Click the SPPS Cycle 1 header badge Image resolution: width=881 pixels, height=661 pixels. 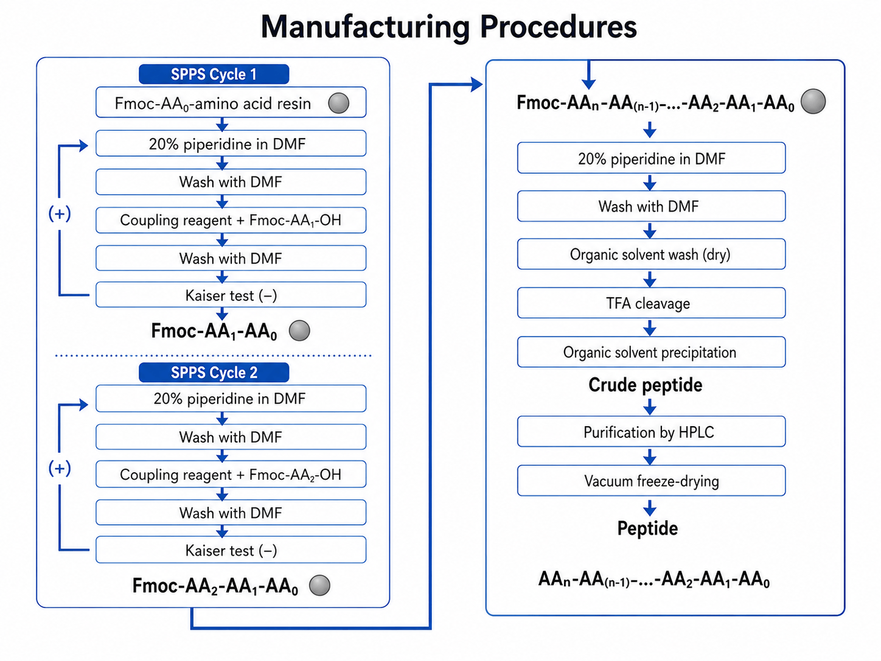pos(214,74)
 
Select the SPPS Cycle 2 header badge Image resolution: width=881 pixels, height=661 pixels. pos(214,372)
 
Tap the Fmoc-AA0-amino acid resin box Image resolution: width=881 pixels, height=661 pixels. pos(231,102)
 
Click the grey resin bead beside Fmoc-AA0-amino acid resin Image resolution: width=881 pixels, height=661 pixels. pos(338,103)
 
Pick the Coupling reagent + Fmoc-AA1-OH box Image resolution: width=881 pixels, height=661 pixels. pos(231,220)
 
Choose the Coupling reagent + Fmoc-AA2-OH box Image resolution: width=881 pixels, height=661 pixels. pos(231,474)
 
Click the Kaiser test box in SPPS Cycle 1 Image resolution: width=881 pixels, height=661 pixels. pos(231,295)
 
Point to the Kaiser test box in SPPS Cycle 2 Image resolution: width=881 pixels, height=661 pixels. pos(231,550)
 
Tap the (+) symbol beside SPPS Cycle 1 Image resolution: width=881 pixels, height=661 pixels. pos(60,213)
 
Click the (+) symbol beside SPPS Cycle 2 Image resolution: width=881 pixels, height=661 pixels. pos(60,468)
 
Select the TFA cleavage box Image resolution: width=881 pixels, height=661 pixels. pos(652,303)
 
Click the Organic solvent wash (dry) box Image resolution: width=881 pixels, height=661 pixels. pos(652,254)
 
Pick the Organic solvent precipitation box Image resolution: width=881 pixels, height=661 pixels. pos(652,352)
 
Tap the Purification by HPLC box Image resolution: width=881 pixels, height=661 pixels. pos(652,432)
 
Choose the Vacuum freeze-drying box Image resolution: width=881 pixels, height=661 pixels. pos(652,481)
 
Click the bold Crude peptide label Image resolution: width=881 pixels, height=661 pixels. pos(646,385)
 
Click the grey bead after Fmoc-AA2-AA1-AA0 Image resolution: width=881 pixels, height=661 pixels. pos(319,585)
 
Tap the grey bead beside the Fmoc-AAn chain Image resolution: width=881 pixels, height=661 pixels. pos(813,101)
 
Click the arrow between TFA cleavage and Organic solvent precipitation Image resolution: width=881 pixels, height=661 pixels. pos(650,327)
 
